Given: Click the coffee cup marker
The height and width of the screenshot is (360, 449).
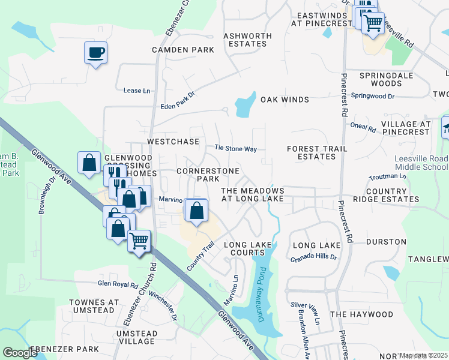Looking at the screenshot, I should tap(95, 53).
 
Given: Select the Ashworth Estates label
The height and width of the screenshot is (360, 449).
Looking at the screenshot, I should tap(245, 40).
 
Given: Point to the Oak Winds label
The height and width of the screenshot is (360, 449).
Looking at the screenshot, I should tap(285, 100).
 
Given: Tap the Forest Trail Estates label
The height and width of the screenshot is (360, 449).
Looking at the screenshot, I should tap(311, 152).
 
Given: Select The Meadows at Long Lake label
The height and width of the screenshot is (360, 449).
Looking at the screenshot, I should tap(253, 194).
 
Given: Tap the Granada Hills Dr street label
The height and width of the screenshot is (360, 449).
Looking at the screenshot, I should tap(314, 257).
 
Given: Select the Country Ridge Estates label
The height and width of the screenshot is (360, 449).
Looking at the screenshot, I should tap(386, 195).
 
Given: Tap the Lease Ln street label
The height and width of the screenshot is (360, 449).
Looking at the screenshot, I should tap(136, 91).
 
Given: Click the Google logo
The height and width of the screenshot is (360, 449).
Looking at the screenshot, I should tap(20, 353).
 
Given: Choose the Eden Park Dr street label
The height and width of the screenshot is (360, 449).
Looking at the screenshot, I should tap(178, 101).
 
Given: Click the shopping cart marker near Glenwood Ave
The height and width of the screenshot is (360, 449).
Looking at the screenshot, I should tap(139, 241).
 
